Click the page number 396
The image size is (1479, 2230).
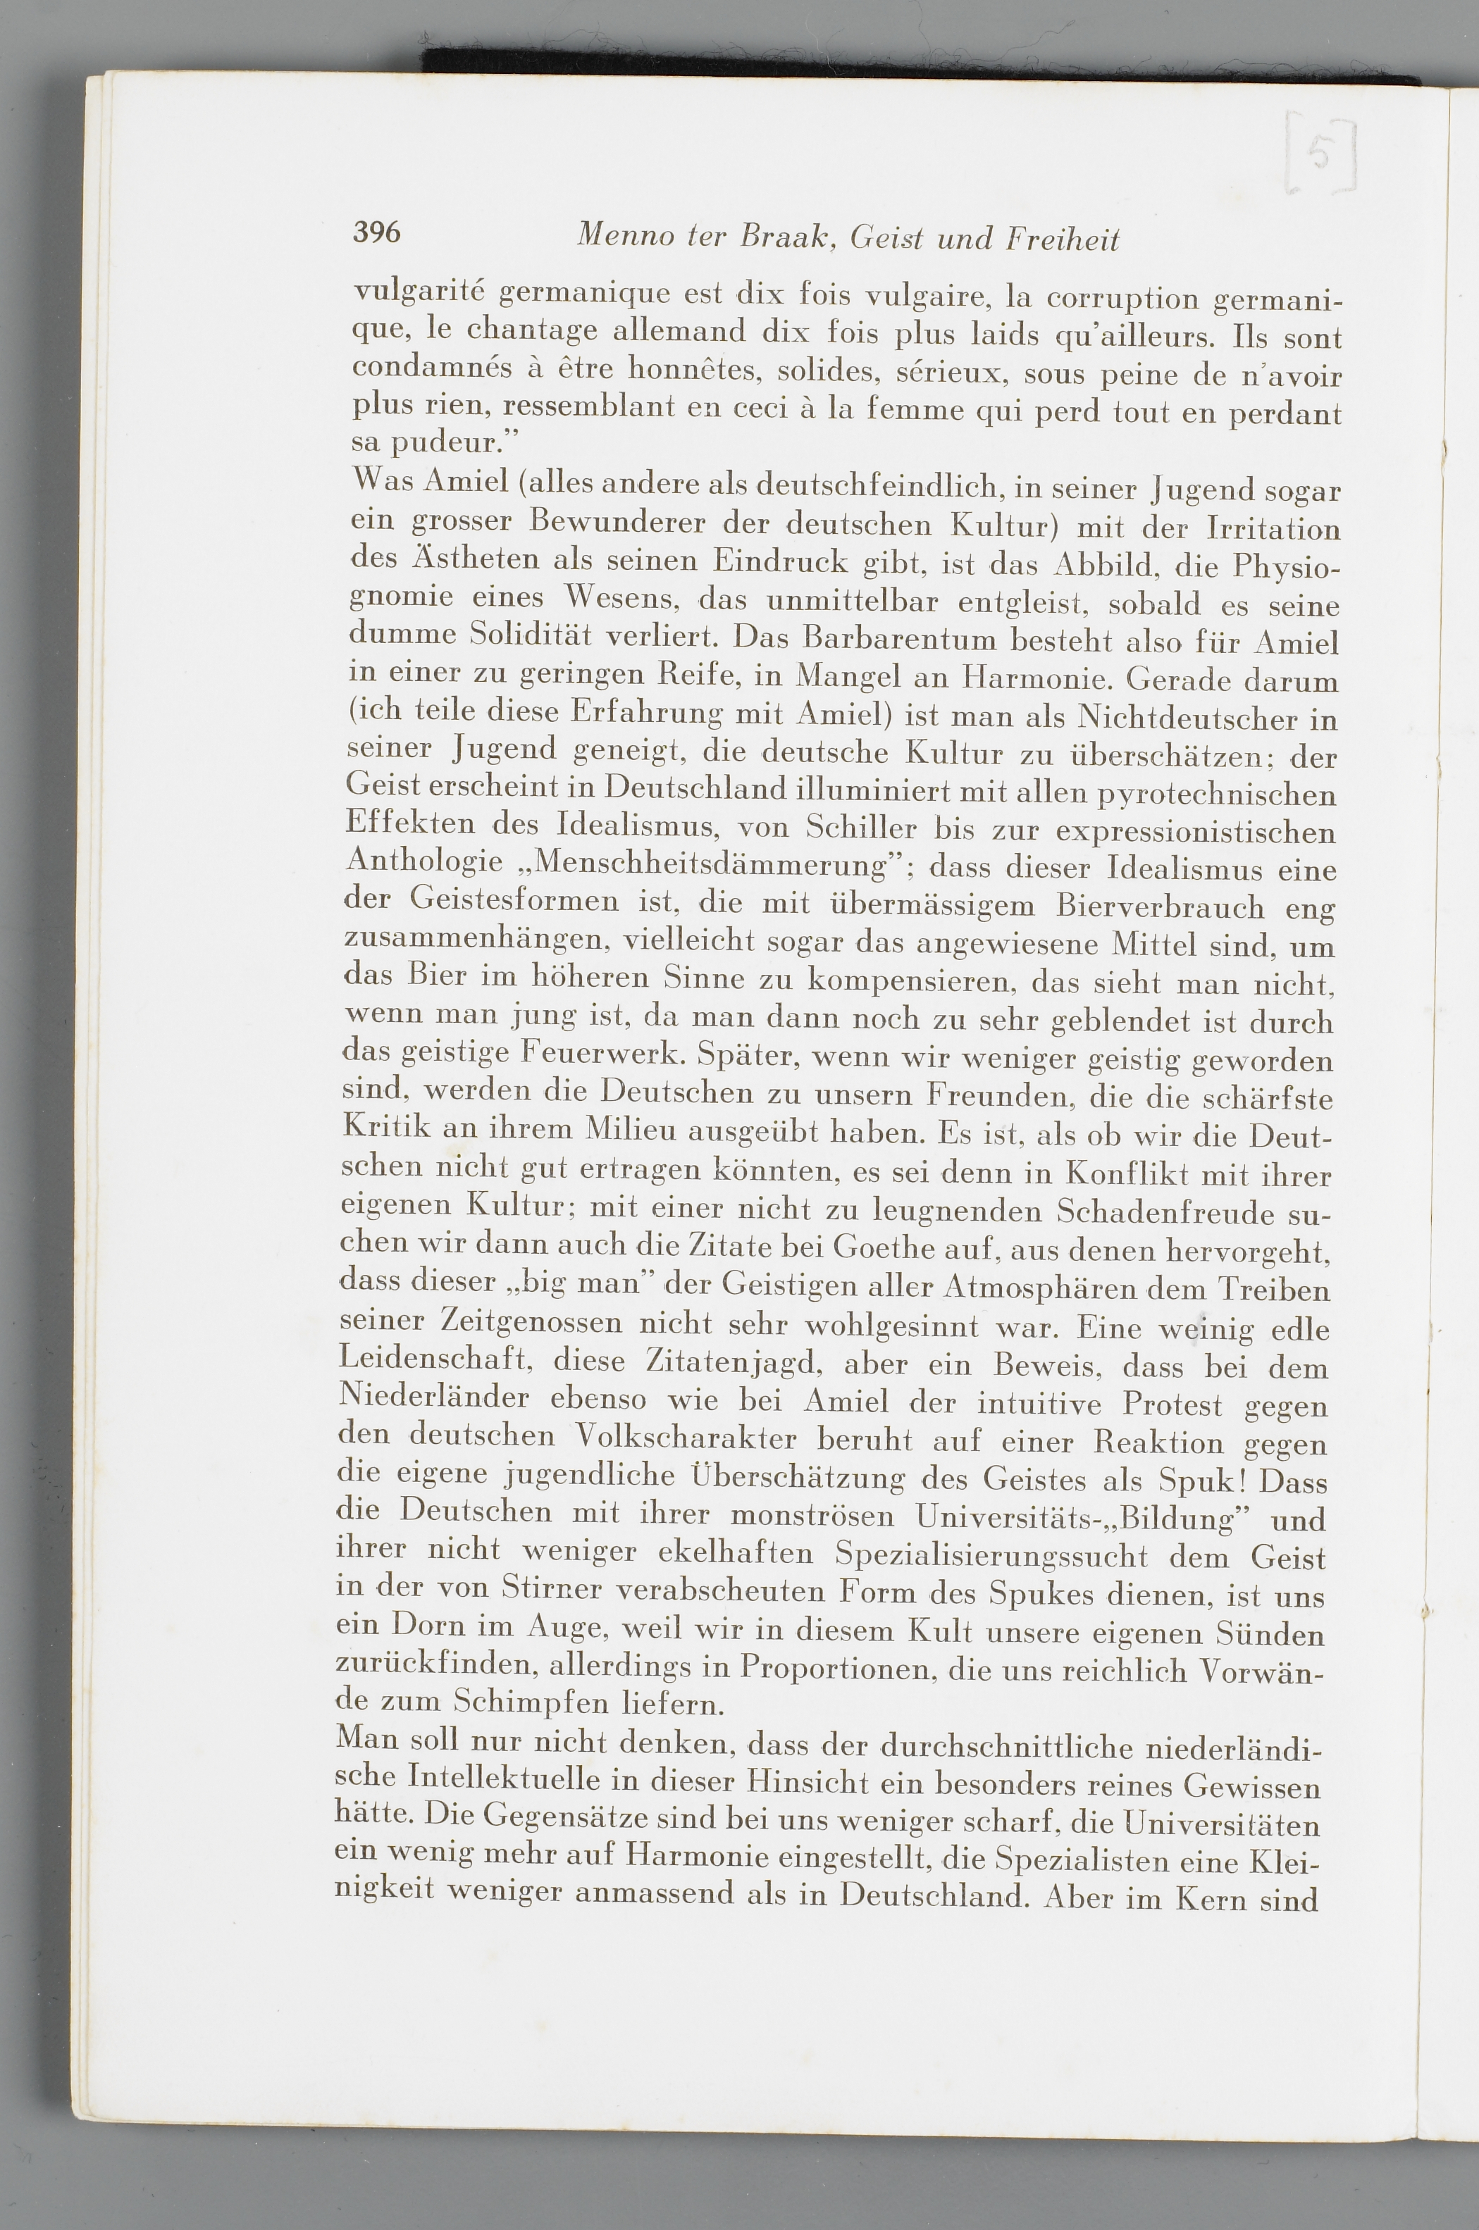pyautogui.click(x=376, y=232)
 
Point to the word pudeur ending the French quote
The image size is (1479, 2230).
pyautogui.click(x=443, y=442)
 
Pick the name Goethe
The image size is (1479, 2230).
pyautogui.click(x=872, y=1248)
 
